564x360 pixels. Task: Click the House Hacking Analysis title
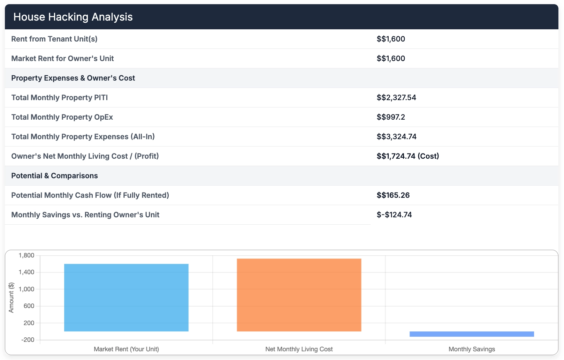pyautogui.click(x=73, y=17)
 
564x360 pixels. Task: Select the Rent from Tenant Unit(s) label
pyautogui.click(x=54, y=39)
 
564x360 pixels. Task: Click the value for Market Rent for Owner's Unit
pyautogui.click(x=390, y=58)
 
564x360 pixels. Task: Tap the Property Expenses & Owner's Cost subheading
pyautogui.click(x=73, y=78)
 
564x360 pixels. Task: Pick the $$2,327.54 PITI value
pyautogui.click(x=396, y=97)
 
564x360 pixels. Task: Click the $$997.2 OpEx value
pyautogui.click(x=390, y=117)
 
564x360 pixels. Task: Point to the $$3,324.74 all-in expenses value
pyautogui.click(x=396, y=136)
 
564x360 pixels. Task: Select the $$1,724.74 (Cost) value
pyautogui.click(x=407, y=156)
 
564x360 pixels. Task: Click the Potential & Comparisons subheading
pyautogui.click(x=54, y=175)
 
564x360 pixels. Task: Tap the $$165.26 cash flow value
pyautogui.click(x=393, y=195)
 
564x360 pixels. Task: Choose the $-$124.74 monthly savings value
pyautogui.click(x=394, y=215)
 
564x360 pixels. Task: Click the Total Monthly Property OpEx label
pyautogui.click(x=62, y=117)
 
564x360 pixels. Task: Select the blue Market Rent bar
pyautogui.click(x=126, y=298)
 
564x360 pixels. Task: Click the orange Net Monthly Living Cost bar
pyautogui.click(x=299, y=295)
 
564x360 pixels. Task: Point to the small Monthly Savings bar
pyautogui.click(x=472, y=334)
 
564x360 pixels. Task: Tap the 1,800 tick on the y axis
pyautogui.click(x=26, y=255)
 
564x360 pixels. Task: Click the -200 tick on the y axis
pyautogui.click(x=28, y=340)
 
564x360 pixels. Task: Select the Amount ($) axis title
pyautogui.click(x=12, y=298)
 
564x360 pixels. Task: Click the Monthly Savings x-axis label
pyautogui.click(x=472, y=349)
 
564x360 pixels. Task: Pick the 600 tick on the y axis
pyautogui.click(x=29, y=306)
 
